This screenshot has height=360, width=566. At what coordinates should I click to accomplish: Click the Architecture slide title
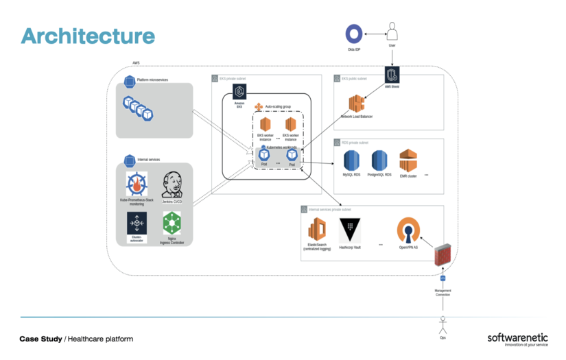88,36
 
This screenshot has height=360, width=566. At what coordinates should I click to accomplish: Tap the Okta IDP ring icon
354,34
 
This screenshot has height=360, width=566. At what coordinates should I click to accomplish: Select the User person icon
392,32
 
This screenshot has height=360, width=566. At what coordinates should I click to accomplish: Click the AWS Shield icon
392,75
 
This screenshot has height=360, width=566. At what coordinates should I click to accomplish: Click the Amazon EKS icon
239,92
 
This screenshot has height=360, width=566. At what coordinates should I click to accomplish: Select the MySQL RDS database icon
352,160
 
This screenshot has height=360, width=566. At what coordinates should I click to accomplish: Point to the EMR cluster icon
409,160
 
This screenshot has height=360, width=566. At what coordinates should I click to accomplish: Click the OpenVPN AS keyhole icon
409,229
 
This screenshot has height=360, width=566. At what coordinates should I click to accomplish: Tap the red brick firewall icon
443,254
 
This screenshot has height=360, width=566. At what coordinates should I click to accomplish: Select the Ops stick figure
443,322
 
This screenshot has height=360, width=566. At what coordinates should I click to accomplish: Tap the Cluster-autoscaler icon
137,223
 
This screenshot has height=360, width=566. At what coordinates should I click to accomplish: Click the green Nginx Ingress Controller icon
172,223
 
